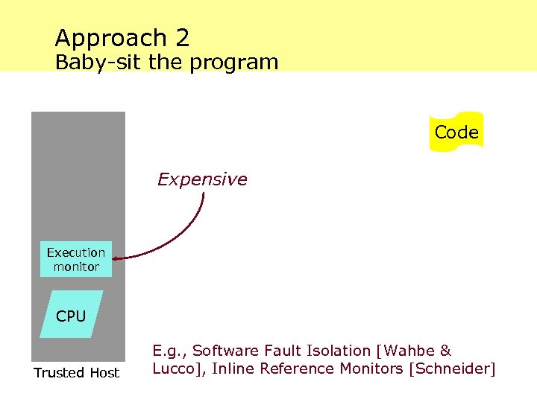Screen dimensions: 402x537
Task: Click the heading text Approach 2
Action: tap(122, 37)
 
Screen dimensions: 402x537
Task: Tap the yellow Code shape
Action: tap(456, 132)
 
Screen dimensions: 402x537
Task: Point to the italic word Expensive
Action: tap(202, 179)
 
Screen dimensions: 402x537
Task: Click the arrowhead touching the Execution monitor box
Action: tap(118, 258)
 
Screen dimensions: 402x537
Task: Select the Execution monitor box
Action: tap(76, 259)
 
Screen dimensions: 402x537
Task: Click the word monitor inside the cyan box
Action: tap(76, 267)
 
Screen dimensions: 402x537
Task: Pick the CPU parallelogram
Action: tap(72, 316)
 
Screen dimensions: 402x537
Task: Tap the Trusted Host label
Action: tap(76, 373)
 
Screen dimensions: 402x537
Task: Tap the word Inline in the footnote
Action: tap(233, 368)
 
